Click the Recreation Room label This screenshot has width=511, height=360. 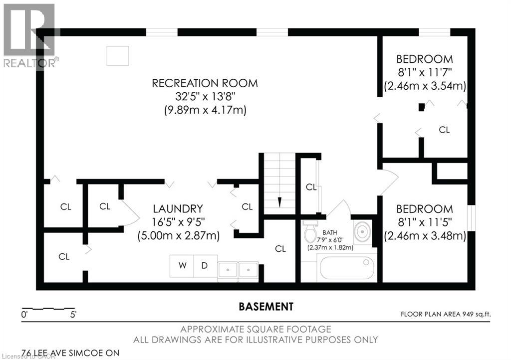(x=205, y=83)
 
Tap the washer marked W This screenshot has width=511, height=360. (x=182, y=266)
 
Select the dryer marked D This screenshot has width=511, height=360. (x=205, y=266)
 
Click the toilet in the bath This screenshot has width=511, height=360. (x=310, y=231)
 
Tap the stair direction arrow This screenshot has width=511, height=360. (x=279, y=202)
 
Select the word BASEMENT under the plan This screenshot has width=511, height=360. (x=266, y=307)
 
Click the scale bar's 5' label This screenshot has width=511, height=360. (x=73, y=315)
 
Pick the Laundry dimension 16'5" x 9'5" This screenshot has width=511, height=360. (x=178, y=222)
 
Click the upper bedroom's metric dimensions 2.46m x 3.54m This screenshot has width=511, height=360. (x=425, y=86)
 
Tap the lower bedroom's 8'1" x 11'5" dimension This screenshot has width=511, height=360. (x=425, y=222)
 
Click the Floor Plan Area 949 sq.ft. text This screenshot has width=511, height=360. (x=446, y=314)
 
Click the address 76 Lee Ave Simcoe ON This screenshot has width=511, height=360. (x=70, y=353)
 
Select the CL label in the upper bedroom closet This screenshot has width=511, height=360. (x=444, y=130)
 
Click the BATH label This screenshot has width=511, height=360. (x=330, y=232)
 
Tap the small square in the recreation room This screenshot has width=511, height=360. (x=118, y=56)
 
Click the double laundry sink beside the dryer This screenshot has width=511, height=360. (x=238, y=270)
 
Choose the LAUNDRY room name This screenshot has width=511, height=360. (x=178, y=208)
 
